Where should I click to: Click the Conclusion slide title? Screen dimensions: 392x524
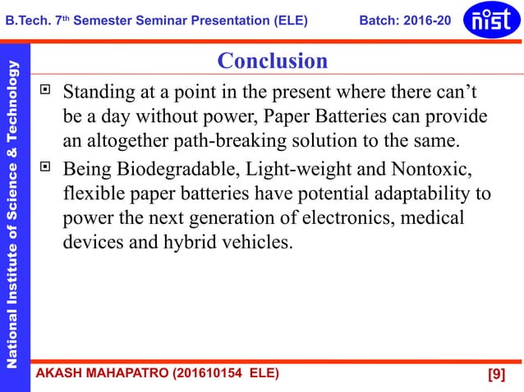(x=272, y=61)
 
